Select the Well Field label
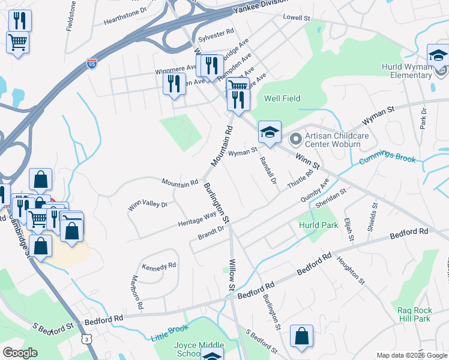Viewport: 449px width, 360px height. (282, 98)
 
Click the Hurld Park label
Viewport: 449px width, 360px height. (318, 225)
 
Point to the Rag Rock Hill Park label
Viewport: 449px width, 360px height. (414, 314)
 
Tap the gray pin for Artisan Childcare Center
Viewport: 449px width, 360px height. (295, 140)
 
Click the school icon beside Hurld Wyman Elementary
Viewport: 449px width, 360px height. (438, 56)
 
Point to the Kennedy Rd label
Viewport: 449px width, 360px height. (159, 265)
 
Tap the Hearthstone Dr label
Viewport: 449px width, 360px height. (125, 10)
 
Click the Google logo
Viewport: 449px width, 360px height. (20, 353)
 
